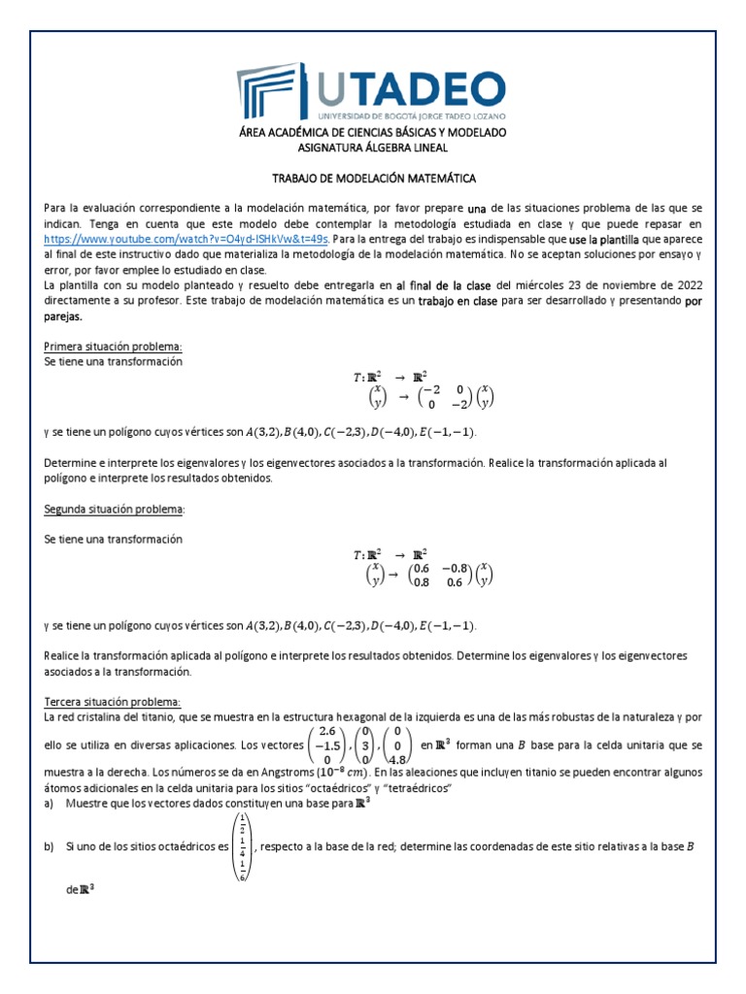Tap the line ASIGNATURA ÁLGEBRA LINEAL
372,147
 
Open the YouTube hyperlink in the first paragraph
187,238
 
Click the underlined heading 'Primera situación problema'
114,347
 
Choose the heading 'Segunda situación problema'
115,509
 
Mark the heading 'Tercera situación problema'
113,702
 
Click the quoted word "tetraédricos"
414,789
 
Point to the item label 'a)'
50,805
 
